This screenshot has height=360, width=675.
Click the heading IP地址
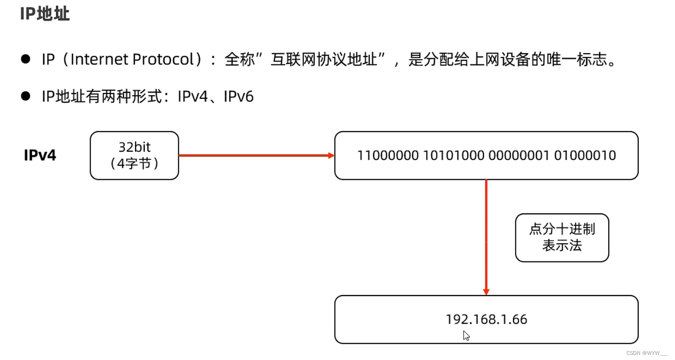[45, 14]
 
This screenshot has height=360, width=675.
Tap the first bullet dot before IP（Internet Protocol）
[26, 59]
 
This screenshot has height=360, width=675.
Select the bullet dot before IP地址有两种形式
[26, 96]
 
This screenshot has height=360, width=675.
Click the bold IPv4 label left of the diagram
[40, 155]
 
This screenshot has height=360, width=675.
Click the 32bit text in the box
[134, 147]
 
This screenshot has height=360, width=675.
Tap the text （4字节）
[134, 164]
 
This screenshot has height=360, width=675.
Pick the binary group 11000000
[388, 155]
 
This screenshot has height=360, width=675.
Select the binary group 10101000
[454, 155]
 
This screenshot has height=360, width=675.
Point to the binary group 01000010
[585, 155]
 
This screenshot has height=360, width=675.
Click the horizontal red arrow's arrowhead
[331, 155]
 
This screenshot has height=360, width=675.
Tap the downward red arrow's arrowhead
[486, 292]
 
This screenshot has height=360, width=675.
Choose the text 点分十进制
[562, 229]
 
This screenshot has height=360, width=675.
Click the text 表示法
[562, 246]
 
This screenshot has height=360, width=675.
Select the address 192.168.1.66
[486, 319]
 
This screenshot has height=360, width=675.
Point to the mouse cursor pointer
[466, 335]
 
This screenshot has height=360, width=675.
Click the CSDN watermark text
[647, 353]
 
